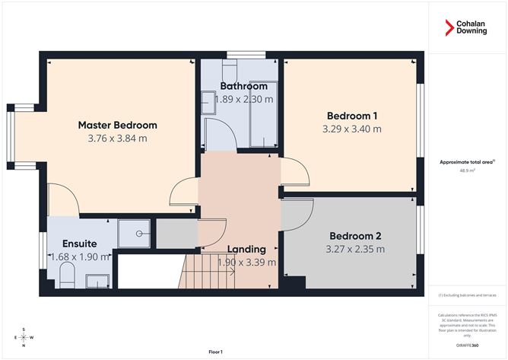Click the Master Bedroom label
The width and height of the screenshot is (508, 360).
click(118, 125)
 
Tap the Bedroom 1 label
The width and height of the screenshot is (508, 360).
click(352, 116)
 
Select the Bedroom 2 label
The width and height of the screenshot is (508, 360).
click(354, 235)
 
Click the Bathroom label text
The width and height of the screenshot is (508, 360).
click(243, 86)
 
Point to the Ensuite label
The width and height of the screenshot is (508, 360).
click(79, 243)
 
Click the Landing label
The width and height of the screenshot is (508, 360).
click(246, 249)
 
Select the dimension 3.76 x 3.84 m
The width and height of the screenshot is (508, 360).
click(118, 139)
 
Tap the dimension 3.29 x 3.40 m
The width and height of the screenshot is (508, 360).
click(352, 129)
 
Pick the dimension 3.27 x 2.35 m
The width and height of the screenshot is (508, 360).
click(354, 249)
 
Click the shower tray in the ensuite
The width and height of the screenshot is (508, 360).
click(136, 234)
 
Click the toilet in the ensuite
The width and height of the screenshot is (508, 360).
click(66, 276)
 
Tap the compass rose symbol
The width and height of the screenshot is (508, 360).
click(24, 337)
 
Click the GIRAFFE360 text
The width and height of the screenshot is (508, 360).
click(468, 345)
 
